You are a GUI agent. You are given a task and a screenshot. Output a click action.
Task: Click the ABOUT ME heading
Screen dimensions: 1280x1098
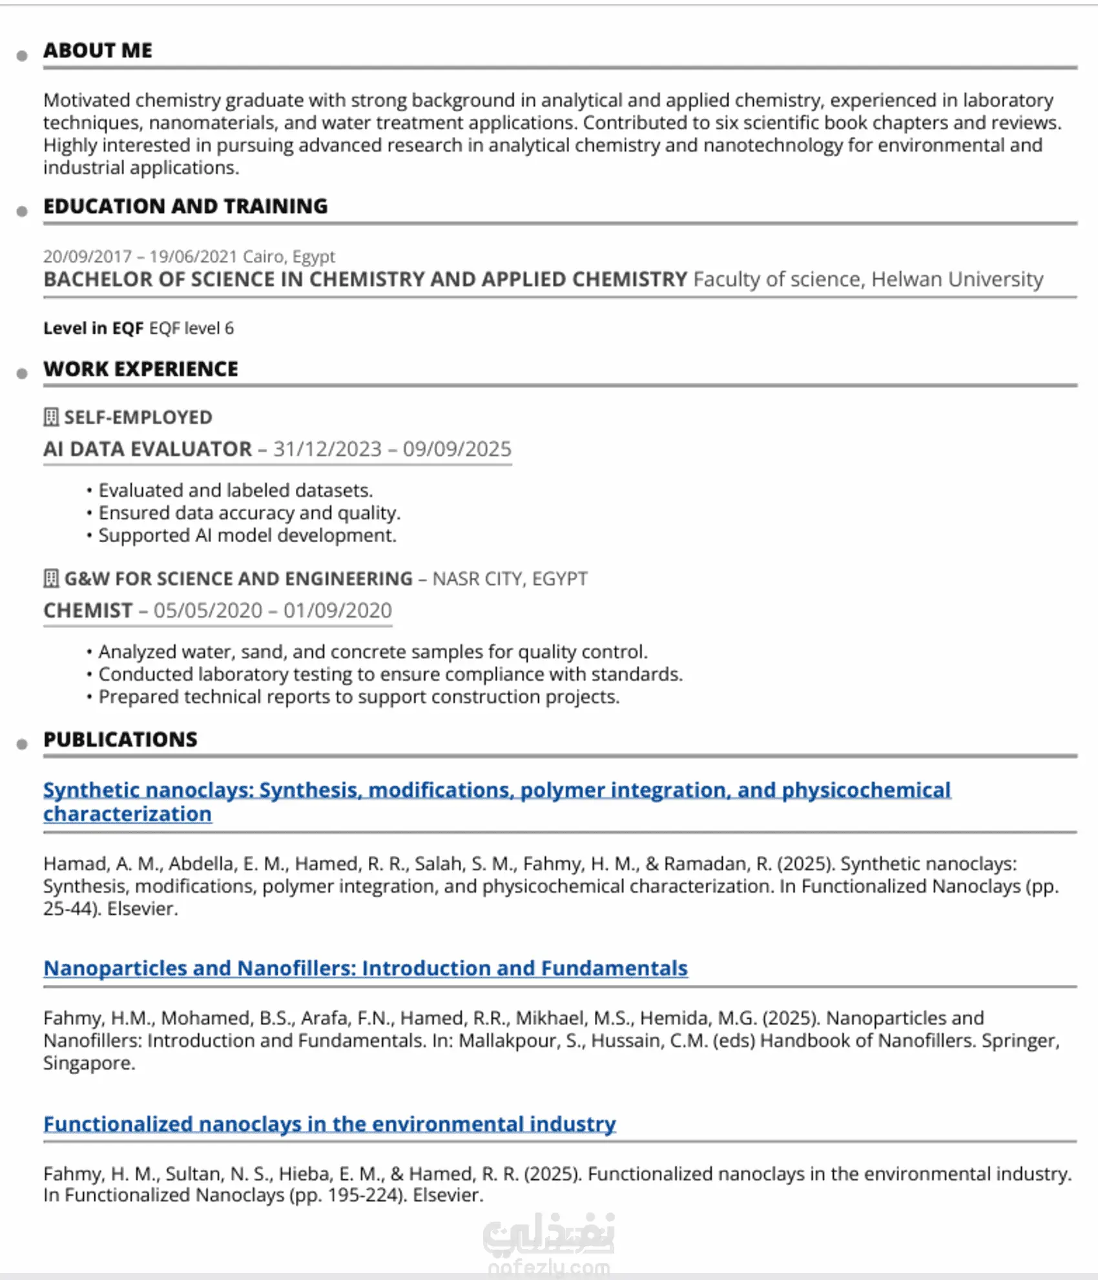(x=98, y=50)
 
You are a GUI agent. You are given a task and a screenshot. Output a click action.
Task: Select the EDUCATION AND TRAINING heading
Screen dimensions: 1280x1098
(x=185, y=206)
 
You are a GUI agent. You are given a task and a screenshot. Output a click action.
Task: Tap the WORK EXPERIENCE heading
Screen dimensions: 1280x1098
(x=141, y=369)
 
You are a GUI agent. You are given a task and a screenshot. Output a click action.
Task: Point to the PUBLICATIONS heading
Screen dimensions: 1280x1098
(x=120, y=739)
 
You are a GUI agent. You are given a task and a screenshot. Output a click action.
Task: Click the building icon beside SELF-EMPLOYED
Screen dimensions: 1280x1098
(x=51, y=417)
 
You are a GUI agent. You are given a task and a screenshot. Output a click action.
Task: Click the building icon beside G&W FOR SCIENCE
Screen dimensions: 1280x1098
(x=51, y=578)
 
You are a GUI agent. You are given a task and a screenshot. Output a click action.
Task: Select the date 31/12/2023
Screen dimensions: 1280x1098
(x=327, y=449)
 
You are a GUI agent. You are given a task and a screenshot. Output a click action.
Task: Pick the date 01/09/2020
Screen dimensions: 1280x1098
(x=338, y=610)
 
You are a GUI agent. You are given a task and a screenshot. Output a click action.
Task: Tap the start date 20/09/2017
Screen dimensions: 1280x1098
(x=87, y=256)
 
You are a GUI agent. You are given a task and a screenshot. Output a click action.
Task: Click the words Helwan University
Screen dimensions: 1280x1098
(x=957, y=279)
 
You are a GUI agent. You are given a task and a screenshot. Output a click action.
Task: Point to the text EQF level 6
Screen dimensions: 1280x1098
(x=191, y=328)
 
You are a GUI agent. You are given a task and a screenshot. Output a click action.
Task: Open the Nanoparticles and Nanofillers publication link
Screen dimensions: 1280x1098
(x=366, y=968)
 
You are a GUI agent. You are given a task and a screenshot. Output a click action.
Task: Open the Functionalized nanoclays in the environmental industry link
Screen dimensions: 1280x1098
(x=329, y=1124)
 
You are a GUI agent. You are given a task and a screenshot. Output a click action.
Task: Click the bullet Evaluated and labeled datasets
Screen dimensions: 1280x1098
(x=235, y=490)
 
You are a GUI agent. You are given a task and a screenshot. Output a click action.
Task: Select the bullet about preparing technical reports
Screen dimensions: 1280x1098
(x=358, y=696)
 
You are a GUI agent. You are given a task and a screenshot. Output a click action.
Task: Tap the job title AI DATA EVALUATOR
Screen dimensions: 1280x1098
(x=147, y=449)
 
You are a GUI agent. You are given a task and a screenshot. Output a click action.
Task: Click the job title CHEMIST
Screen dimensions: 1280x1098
(x=88, y=610)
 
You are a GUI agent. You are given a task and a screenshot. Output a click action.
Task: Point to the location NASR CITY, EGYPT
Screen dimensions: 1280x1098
(x=510, y=578)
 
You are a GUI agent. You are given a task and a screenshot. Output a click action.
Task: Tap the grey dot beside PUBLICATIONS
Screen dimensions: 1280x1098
(x=22, y=744)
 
